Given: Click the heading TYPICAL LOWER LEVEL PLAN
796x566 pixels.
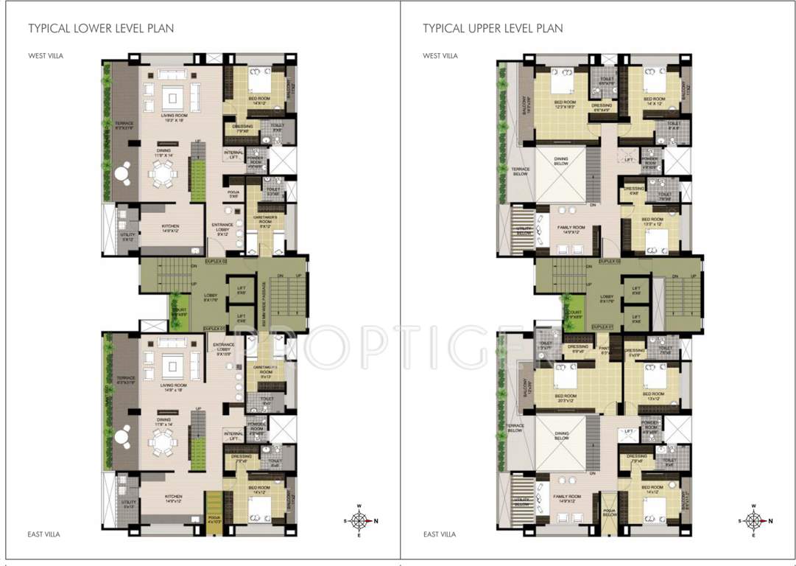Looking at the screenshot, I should click(101, 29).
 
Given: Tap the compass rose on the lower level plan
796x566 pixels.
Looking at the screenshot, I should click(359, 521).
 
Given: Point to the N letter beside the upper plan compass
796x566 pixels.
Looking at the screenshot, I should click(771, 521).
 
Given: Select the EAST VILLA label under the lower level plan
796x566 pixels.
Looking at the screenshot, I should click(44, 534).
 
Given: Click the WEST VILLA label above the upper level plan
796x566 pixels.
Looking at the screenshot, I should click(440, 56).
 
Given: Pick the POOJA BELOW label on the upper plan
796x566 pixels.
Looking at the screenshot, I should click(608, 511).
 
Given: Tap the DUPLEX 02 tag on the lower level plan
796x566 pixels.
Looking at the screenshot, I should click(216, 262).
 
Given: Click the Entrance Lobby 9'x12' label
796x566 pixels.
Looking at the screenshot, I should click(222, 228).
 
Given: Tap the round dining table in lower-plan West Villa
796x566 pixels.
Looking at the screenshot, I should click(161, 175).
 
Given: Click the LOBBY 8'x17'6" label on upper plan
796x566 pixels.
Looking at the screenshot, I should click(607, 298).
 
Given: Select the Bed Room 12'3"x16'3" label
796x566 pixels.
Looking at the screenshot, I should click(564, 105).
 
